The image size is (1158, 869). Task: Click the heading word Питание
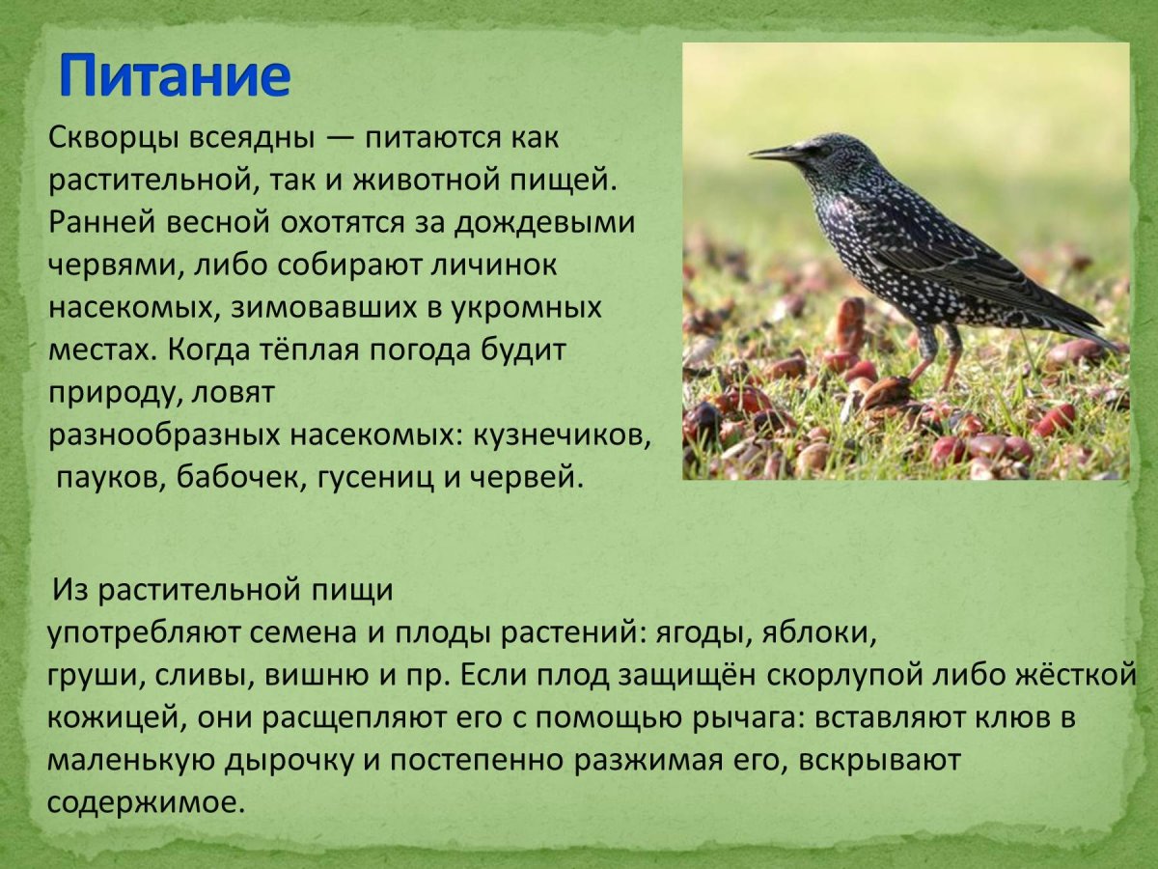click(174, 77)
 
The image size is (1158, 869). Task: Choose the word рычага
click(737, 717)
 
